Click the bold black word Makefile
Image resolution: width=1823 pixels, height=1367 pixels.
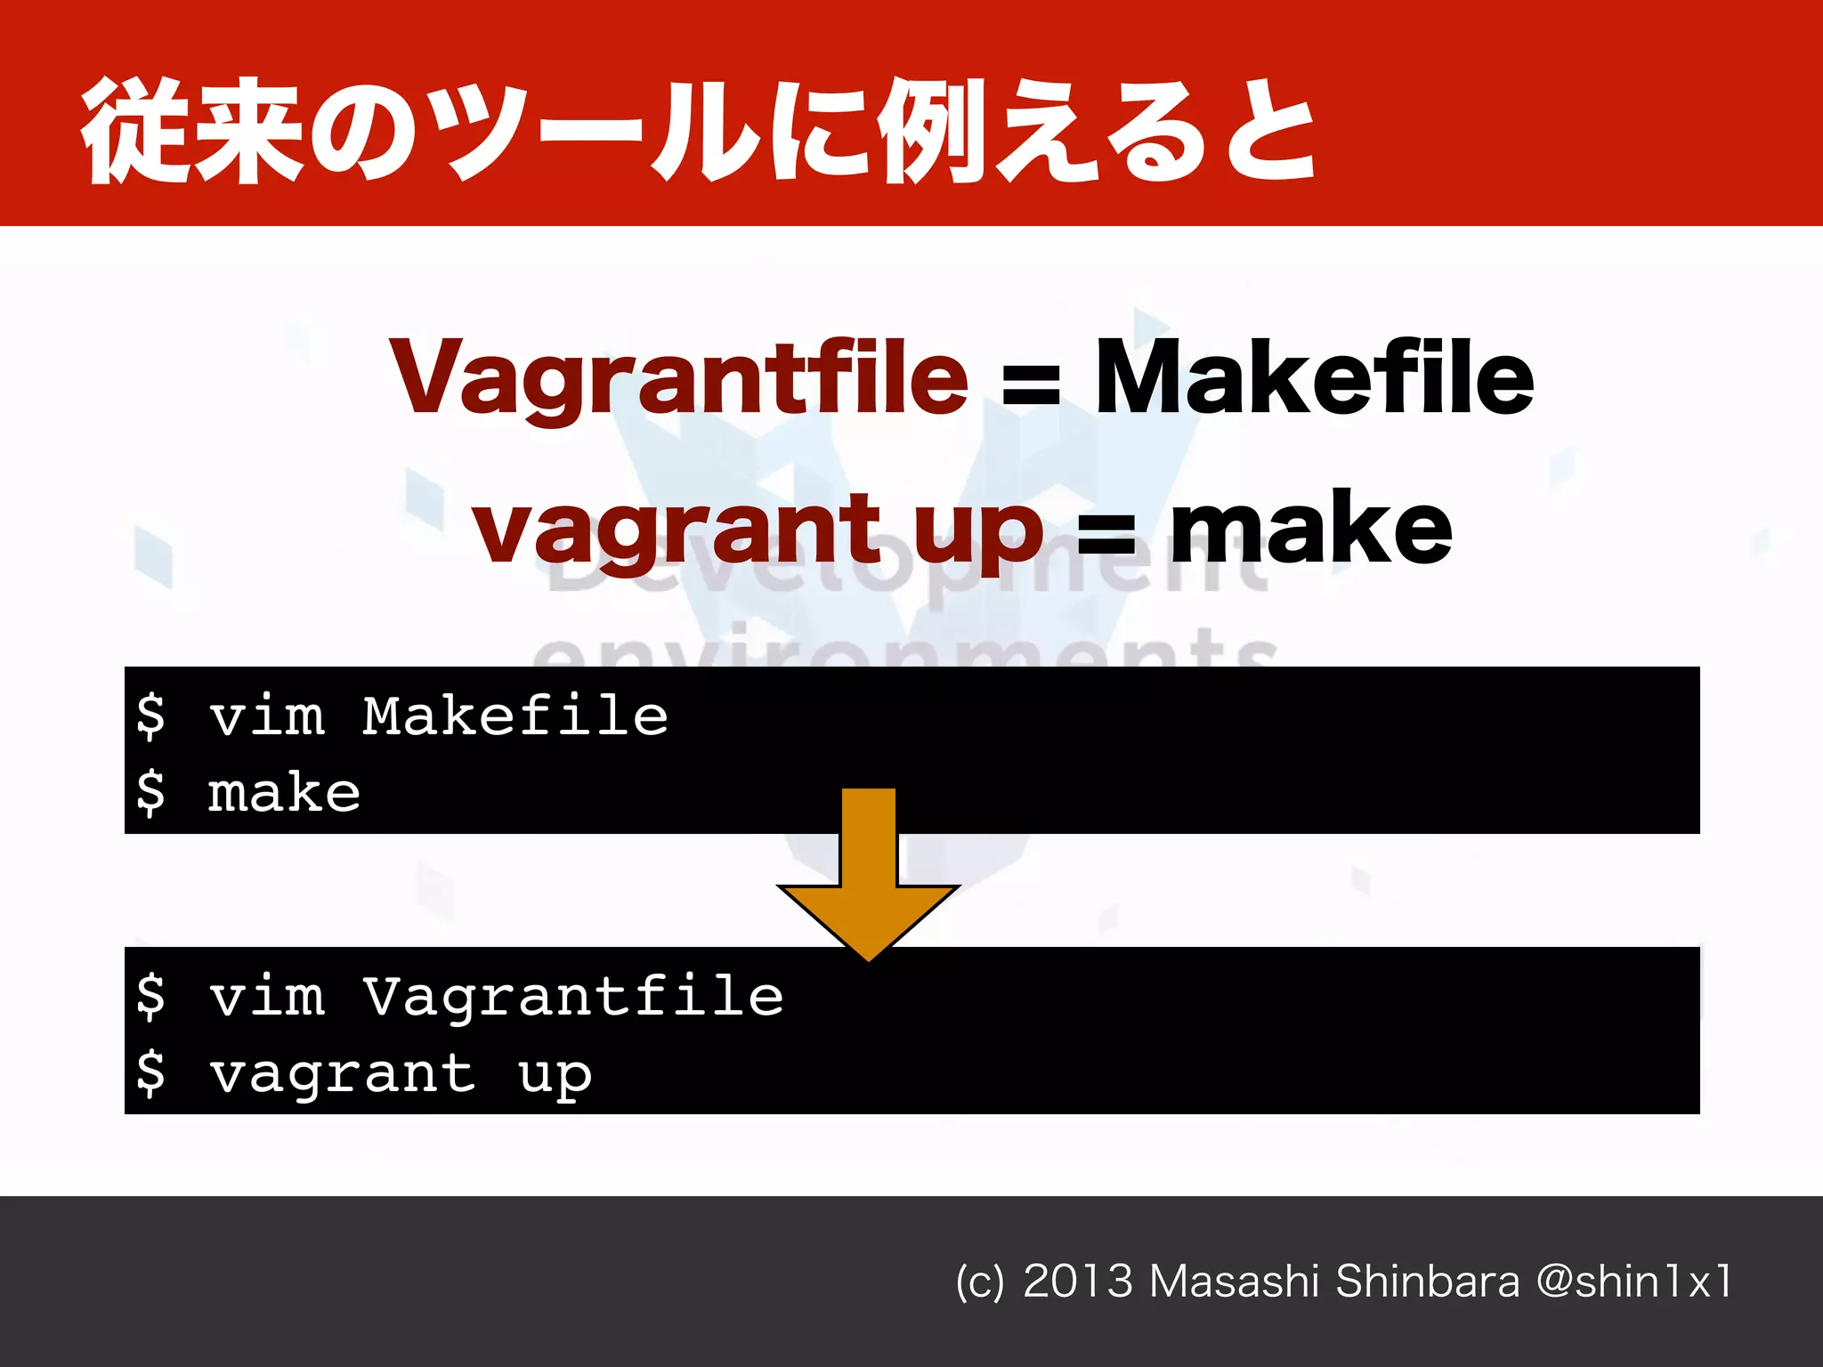click(1314, 378)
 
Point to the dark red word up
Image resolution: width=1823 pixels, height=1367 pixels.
click(977, 534)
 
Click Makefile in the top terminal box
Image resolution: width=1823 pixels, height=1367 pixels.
click(514, 716)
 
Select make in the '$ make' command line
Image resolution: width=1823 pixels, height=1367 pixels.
click(284, 792)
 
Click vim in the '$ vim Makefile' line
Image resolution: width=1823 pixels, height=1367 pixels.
click(266, 716)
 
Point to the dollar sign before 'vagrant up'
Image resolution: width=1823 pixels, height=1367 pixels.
click(150, 1072)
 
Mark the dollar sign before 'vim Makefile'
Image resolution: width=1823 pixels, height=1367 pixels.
click(150, 716)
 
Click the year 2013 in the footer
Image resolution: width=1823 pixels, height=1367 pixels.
click(1077, 1282)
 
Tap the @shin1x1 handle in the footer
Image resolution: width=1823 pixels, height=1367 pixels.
click(1634, 1282)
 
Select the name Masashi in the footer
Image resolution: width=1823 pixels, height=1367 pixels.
click(1234, 1282)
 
